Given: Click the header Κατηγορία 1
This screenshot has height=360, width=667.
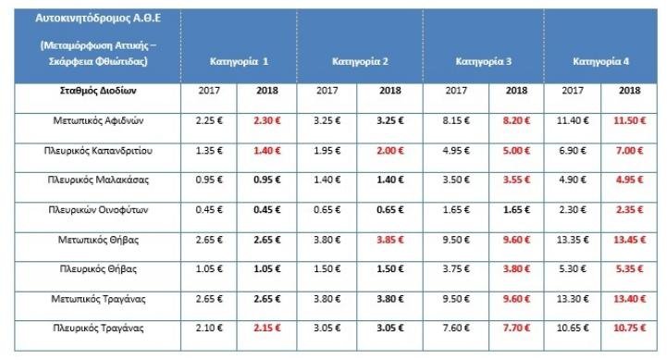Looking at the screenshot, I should pos(237,62).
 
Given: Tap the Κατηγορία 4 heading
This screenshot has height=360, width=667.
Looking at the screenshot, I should pos(601,62).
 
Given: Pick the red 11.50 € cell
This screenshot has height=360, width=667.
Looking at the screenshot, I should pos(631,120).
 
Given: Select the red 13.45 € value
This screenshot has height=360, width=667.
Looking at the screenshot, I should pos(631,238).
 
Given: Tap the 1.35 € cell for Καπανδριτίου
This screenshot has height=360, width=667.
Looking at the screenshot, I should pos(209,149).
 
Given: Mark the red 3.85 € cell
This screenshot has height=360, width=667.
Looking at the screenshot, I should pos(389,238).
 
